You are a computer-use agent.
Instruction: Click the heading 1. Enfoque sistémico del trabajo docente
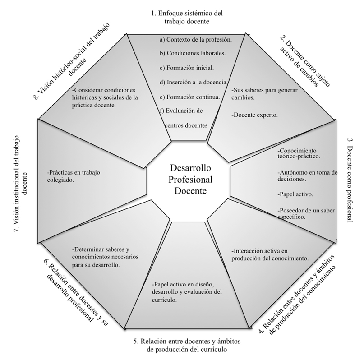(187, 17)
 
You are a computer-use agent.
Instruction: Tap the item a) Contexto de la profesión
(195, 40)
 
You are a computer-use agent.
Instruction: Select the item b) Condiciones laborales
(193, 54)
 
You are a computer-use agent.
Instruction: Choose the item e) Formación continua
(189, 97)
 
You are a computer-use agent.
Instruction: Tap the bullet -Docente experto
(255, 115)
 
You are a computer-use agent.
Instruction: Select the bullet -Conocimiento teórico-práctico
(298, 153)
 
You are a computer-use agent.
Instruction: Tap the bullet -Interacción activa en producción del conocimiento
(269, 255)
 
